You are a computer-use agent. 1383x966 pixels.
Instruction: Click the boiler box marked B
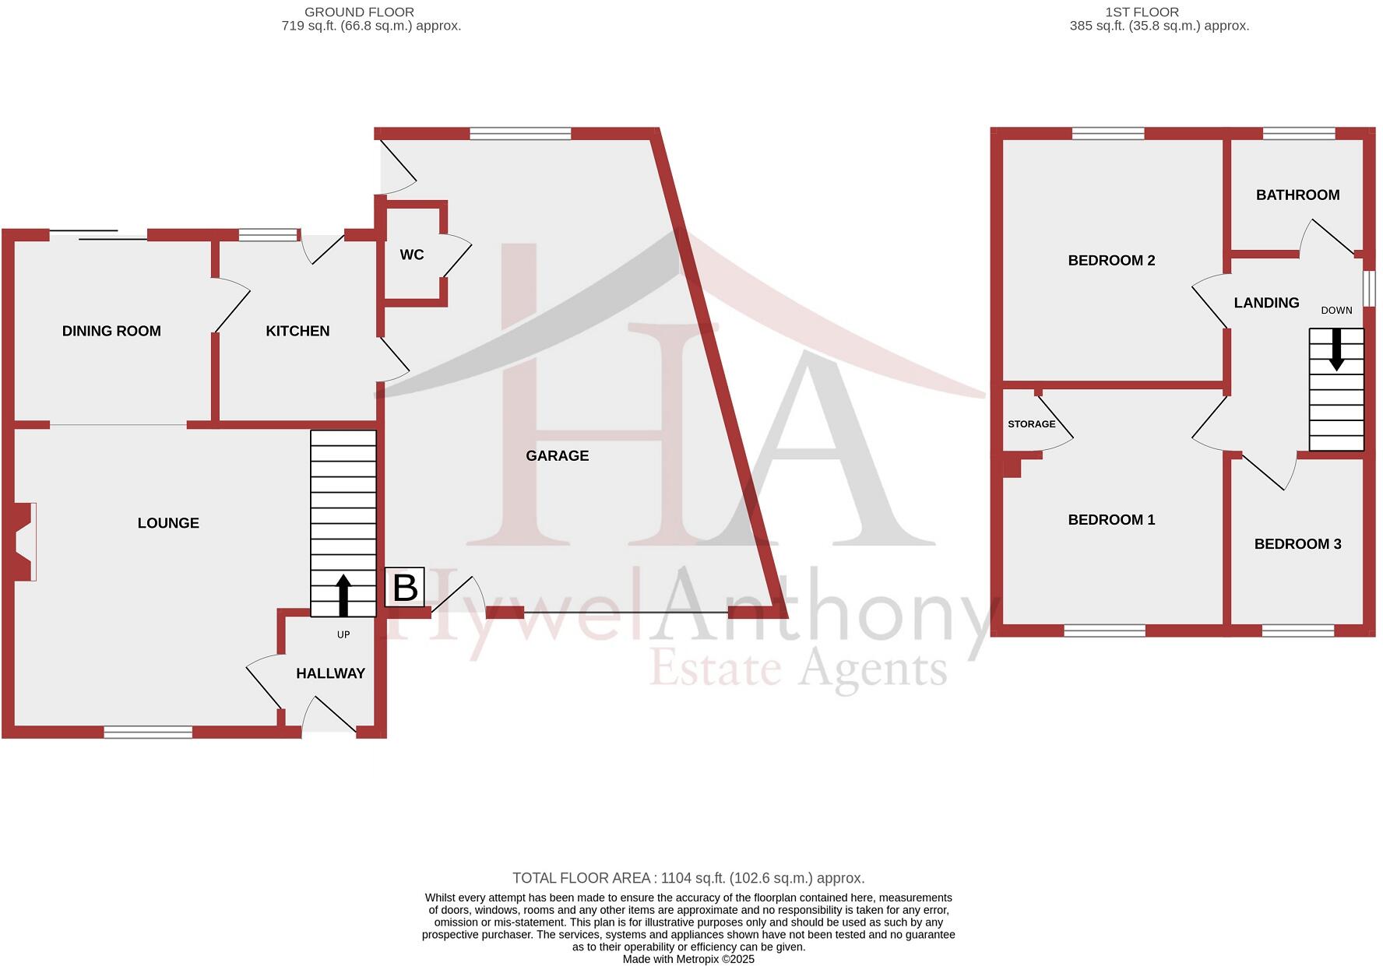405,588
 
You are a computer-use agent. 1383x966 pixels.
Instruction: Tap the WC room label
412,255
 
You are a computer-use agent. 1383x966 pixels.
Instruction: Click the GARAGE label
557,455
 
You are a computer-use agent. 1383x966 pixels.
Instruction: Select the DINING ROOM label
111,331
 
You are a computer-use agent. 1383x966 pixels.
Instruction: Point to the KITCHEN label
297,331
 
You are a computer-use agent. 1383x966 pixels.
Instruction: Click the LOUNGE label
168,523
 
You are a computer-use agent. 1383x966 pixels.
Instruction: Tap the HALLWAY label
330,673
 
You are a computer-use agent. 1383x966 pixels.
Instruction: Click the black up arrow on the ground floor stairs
343,595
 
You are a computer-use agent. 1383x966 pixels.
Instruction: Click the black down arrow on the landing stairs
1336,350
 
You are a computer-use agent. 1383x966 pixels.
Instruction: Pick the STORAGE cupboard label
1031,424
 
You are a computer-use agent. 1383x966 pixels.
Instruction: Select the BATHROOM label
1297,195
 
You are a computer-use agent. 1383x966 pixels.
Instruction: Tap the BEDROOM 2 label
1111,260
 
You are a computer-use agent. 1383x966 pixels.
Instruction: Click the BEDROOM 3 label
1297,543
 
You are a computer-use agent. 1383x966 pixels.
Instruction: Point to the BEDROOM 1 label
1111,519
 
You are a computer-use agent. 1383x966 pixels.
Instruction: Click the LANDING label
1266,303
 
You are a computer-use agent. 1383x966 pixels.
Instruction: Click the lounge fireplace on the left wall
24,542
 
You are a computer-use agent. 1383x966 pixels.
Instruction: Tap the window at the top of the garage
520,134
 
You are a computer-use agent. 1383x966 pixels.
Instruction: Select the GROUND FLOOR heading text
359,12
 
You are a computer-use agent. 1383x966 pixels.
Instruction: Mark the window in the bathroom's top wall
1299,134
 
